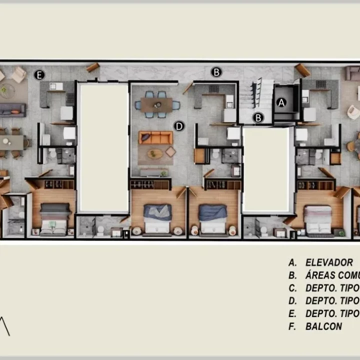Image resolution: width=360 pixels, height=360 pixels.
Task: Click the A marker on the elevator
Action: click(x=281, y=102)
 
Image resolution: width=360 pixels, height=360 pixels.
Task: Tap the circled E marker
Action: click(x=39, y=75)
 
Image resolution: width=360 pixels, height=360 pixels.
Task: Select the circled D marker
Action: click(x=179, y=125)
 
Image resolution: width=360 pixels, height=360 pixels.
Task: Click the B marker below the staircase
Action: click(x=258, y=118)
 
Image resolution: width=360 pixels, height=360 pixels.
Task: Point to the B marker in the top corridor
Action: click(x=216, y=72)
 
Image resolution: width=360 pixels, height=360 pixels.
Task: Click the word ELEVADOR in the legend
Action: click(x=329, y=262)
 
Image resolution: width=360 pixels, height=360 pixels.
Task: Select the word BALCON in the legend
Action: click(x=324, y=326)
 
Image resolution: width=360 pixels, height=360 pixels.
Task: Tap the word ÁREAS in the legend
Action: click(x=320, y=275)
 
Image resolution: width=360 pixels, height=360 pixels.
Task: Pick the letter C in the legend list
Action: click(x=292, y=288)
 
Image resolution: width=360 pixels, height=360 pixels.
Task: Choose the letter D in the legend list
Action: click(x=292, y=301)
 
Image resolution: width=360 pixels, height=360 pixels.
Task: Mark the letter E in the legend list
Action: click(x=292, y=314)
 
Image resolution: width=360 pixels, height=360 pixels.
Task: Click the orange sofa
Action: click(x=155, y=137)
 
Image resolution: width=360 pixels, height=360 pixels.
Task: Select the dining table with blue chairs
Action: click(x=156, y=104)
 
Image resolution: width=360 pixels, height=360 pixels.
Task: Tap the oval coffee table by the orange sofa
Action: click(x=155, y=153)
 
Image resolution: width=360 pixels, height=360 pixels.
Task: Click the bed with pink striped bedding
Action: click(x=317, y=218)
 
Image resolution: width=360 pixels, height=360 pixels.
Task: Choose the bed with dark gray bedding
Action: click(x=55, y=217)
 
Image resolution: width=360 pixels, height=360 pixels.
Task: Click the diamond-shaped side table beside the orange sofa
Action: click(x=170, y=151)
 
